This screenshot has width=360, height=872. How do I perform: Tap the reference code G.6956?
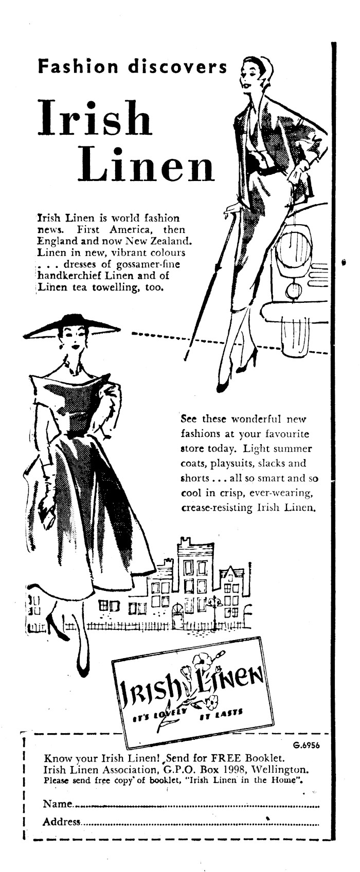(x=307, y=746)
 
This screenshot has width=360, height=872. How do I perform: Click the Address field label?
(x=62, y=822)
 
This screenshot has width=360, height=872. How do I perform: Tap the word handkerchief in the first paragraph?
(x=78, y=276)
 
